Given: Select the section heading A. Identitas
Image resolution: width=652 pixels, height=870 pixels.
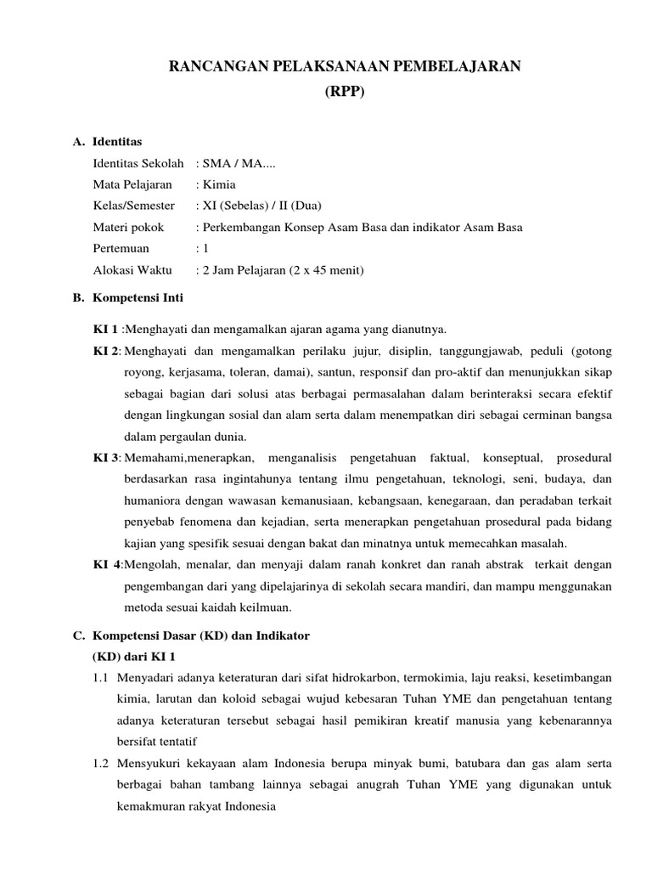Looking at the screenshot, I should click(108, 140).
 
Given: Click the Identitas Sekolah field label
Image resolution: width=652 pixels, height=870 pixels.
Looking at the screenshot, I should click(138, 162).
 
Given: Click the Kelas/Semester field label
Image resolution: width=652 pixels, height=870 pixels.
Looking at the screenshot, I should click(134, 206).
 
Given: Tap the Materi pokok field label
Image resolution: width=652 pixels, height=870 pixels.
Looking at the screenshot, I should click(128, 228).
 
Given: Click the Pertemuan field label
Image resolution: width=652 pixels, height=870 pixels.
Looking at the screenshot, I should click(121, 249).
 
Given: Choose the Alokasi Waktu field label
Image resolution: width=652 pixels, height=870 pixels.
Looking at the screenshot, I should click(132, 271).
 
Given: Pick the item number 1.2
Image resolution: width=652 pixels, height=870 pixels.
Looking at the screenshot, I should click(101, 764).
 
